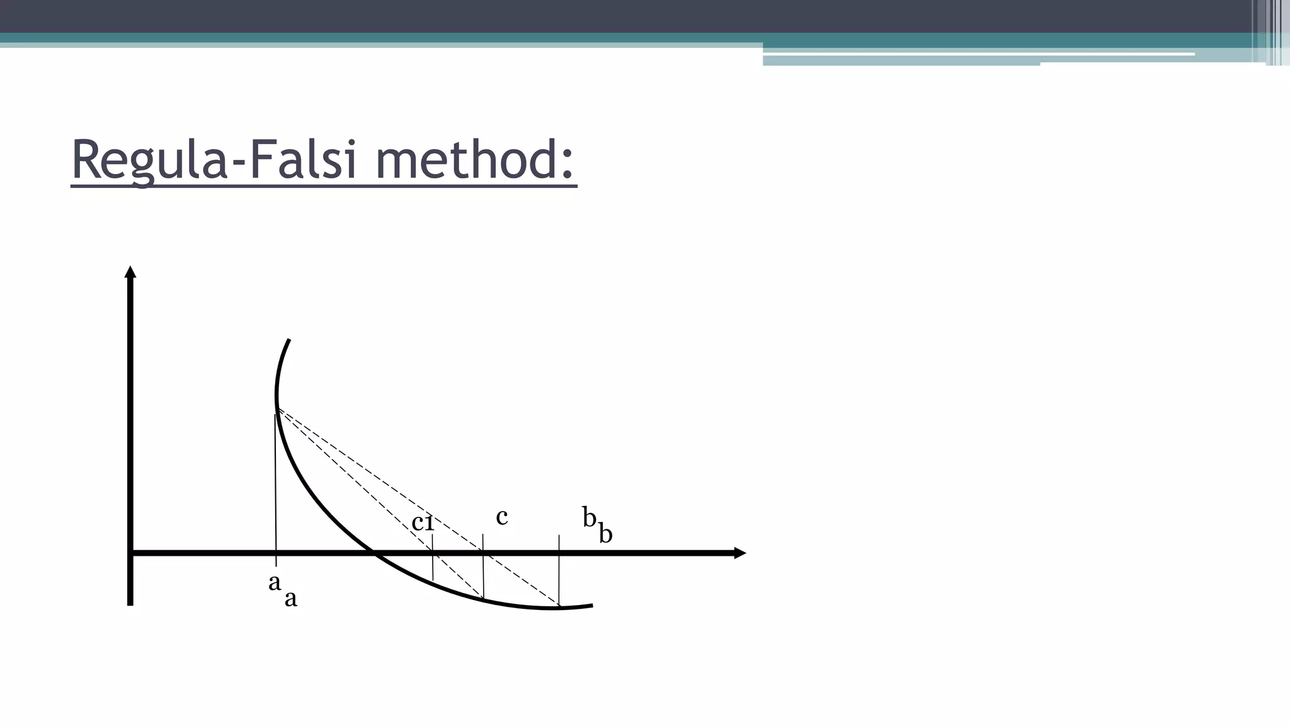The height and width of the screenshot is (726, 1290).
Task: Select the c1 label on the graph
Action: (x=423, y=522)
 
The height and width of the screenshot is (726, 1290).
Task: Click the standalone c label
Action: (x=501, y=517)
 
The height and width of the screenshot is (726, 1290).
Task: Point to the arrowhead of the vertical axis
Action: (x=130, y=272)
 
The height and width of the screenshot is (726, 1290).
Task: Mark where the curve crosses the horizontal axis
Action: (x=372, y=553)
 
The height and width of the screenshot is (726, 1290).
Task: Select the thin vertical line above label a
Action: (x=275, y=485)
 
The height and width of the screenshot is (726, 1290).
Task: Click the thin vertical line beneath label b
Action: (x=559, y=570)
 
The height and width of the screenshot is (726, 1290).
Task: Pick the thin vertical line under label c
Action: (x=483, y=567)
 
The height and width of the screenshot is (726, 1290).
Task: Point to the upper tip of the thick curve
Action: (x=288, y=340)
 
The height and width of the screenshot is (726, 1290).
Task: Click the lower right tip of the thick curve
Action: (x=591, y=606)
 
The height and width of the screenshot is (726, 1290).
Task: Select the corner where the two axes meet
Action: (x=130, y=553)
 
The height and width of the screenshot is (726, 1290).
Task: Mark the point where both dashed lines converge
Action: (x=278, y=409)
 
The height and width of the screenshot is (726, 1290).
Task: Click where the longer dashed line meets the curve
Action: (x=559, y=607)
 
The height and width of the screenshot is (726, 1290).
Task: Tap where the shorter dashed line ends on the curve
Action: (x=484, y=598)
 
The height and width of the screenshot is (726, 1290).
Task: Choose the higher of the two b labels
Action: (x=589, y=517)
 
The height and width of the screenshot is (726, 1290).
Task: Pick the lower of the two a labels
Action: (x=290, y=599)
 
